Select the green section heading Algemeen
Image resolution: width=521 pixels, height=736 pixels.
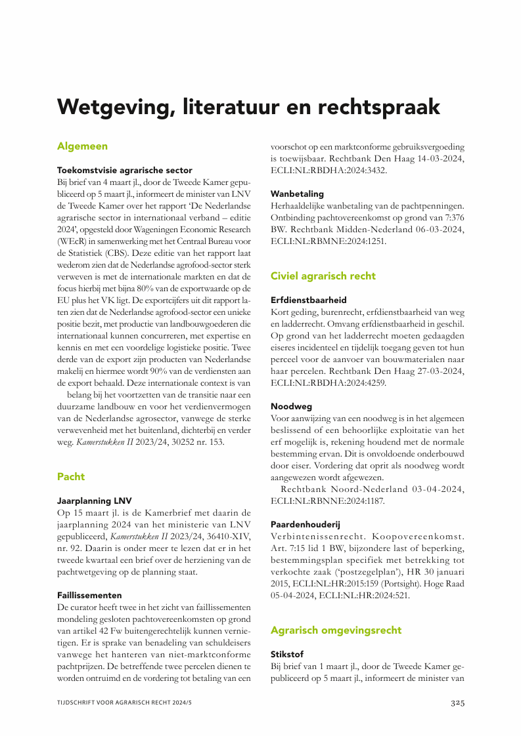pyautogui.click(x=82, y=146)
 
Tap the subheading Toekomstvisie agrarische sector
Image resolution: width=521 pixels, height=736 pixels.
pyautogui.click(x=124, y=169)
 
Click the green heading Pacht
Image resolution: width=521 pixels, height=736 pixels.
pyautogui.click(x=71, y=476)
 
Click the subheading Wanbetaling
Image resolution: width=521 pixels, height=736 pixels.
pyautogui.click(x=297, y=194)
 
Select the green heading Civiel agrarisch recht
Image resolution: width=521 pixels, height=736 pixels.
pyautogui.click(x=323, y=276)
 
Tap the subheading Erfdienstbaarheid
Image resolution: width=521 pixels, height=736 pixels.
pyautogui.click(x=309, y=300)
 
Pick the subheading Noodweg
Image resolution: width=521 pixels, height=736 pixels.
pyautogui.click(x=291, y=407)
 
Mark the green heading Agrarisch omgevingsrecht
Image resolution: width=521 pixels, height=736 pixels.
pyautogui.click(x=336, y=630)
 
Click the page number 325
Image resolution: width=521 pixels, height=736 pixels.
pyautogui.click(x=457, y=703)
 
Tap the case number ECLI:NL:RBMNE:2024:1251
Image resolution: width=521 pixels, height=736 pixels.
pyautogui.click(x=328, y=241)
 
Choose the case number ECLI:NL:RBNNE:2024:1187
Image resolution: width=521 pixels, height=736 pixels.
pyautogui.click(x=328, y=501)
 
